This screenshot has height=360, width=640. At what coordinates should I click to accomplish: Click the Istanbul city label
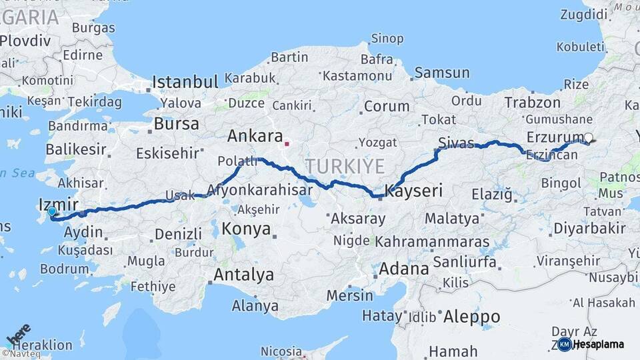pyautogui.click(x=185, y=82)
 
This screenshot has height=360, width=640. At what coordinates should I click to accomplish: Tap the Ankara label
pyautogui.click(x=255, y=137)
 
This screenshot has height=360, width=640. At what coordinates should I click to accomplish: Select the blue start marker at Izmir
pyautogui.click(x=52, y=212)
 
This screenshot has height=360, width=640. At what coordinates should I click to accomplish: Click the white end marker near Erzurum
pyautogui.click(x=588, y=138)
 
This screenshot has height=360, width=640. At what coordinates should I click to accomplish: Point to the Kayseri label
pyautogui.click(x=413, y=191)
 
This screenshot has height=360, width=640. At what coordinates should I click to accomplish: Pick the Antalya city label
pyautogui.click(x=243, y=274)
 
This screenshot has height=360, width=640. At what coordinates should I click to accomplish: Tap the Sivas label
pyautogui.click(x=456, y=143)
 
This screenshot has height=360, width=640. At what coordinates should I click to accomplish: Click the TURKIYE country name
pyautogui.click(x=344, y=167)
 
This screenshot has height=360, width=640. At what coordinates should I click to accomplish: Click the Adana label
pyautogui.click(x=403, y=269)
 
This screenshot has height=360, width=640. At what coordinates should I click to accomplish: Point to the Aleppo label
pyautogui.click(x=471, y=317)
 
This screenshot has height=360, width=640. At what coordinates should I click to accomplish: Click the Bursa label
pyautogui.click(x=176, y=124)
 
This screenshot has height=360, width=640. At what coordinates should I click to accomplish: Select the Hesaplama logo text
pyautogui.click(x=599, y=344)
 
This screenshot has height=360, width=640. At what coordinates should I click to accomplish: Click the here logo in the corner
pyautogui.click(x=18, y=333)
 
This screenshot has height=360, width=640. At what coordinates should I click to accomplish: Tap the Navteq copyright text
pyautogui.click(x=21, y=354)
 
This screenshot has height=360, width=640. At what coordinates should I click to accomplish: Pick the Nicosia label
pyautogui.click(x=281, y=351)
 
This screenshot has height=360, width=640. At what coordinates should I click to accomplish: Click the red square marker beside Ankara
pyautogui.click(x=287, y=143)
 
